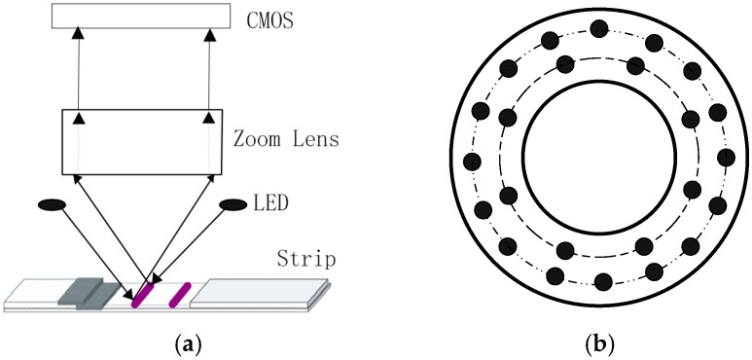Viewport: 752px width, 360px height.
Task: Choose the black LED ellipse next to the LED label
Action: (x=233, y=203)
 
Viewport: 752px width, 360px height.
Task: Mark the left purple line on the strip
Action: (x=142, y=293)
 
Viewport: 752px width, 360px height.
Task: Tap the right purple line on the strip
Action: (x=178, y=293)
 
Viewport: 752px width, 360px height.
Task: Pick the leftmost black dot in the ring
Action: (x=473, y=161)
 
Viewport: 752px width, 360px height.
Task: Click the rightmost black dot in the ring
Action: (x=726, y=157)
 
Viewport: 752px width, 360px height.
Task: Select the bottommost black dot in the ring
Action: (x=602, y=282)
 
